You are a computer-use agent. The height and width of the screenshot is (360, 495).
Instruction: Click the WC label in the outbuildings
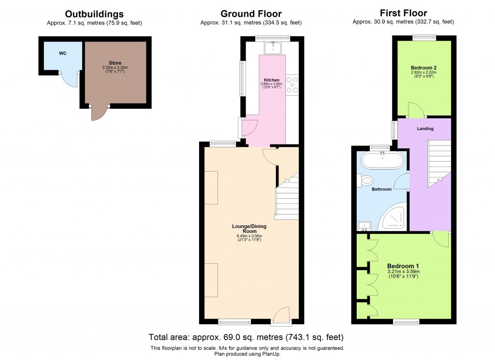[62, 53]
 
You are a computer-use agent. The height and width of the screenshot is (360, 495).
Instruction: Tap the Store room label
[115, 63]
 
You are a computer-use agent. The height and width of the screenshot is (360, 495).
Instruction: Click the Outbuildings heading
[94, 14]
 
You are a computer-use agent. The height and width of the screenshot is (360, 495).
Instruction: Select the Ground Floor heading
[250, 14]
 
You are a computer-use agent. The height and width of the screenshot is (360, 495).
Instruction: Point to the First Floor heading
[403, 13]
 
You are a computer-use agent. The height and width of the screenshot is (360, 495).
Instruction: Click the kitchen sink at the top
[273, 47]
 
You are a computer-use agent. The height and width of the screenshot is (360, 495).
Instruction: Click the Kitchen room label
[271, 80]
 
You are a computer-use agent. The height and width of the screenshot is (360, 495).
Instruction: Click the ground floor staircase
[287, 198]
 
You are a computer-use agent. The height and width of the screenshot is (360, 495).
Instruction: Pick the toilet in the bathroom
[366, 181]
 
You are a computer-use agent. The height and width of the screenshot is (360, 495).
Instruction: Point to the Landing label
[425, 129]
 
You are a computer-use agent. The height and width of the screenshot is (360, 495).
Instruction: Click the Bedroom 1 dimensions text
[403, 273]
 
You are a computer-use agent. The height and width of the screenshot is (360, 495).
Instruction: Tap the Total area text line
[247, 337]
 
